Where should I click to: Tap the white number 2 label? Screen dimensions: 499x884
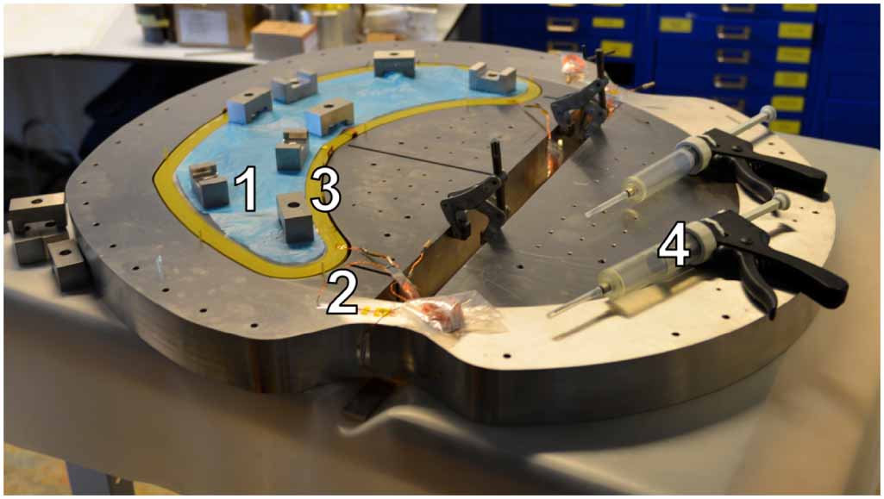click(x=342, y=295)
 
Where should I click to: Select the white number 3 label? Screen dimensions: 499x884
click(x=324, y=190)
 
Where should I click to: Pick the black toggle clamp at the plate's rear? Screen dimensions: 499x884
click(x=581, y=100)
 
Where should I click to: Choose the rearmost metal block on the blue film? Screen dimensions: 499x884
click(x=394, y=62)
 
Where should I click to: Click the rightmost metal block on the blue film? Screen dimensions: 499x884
click(x=492, y=78)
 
